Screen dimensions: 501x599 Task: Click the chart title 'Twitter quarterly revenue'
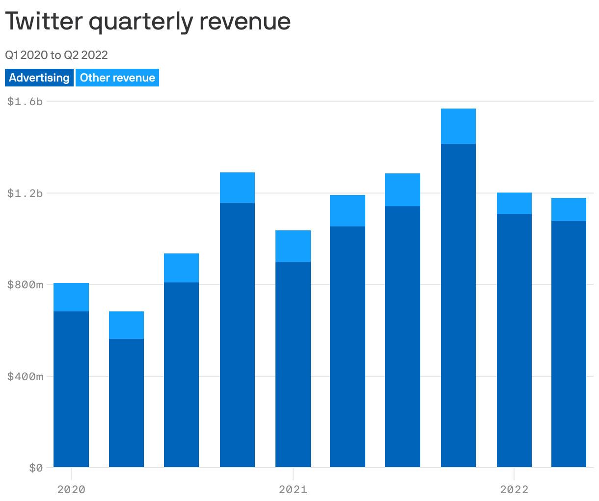(x=148, y=22)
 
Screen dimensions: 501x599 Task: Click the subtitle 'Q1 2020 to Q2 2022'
(x=56, y=55)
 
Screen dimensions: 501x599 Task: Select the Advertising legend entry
(x=39, y=78)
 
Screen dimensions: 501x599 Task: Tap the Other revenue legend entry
(x=117, y=78)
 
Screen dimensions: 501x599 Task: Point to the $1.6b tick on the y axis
(x=25, y=102)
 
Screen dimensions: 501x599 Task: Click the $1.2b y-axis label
(x=25, y=193)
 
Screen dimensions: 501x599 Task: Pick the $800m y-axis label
(x=25, y=285)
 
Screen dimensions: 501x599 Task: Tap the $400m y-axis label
(x=25, y=377)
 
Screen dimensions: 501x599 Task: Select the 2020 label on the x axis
(x=71, y=489)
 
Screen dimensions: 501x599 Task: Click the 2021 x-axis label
(x=293, y=489)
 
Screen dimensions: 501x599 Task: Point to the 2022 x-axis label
(x=514, y=489)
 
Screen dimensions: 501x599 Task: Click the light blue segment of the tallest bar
(x=458, y=126)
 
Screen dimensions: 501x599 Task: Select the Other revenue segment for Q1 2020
(x=71, y=297)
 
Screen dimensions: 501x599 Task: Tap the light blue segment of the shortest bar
(x=126, y=325)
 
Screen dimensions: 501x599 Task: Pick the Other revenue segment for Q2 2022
(x=569, y=210)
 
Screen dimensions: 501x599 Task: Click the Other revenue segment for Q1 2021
(x=293, y=246)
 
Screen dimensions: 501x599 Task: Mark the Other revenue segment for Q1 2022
(x=514, y=203)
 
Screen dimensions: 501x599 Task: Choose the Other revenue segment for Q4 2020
(x=237, y=188)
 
